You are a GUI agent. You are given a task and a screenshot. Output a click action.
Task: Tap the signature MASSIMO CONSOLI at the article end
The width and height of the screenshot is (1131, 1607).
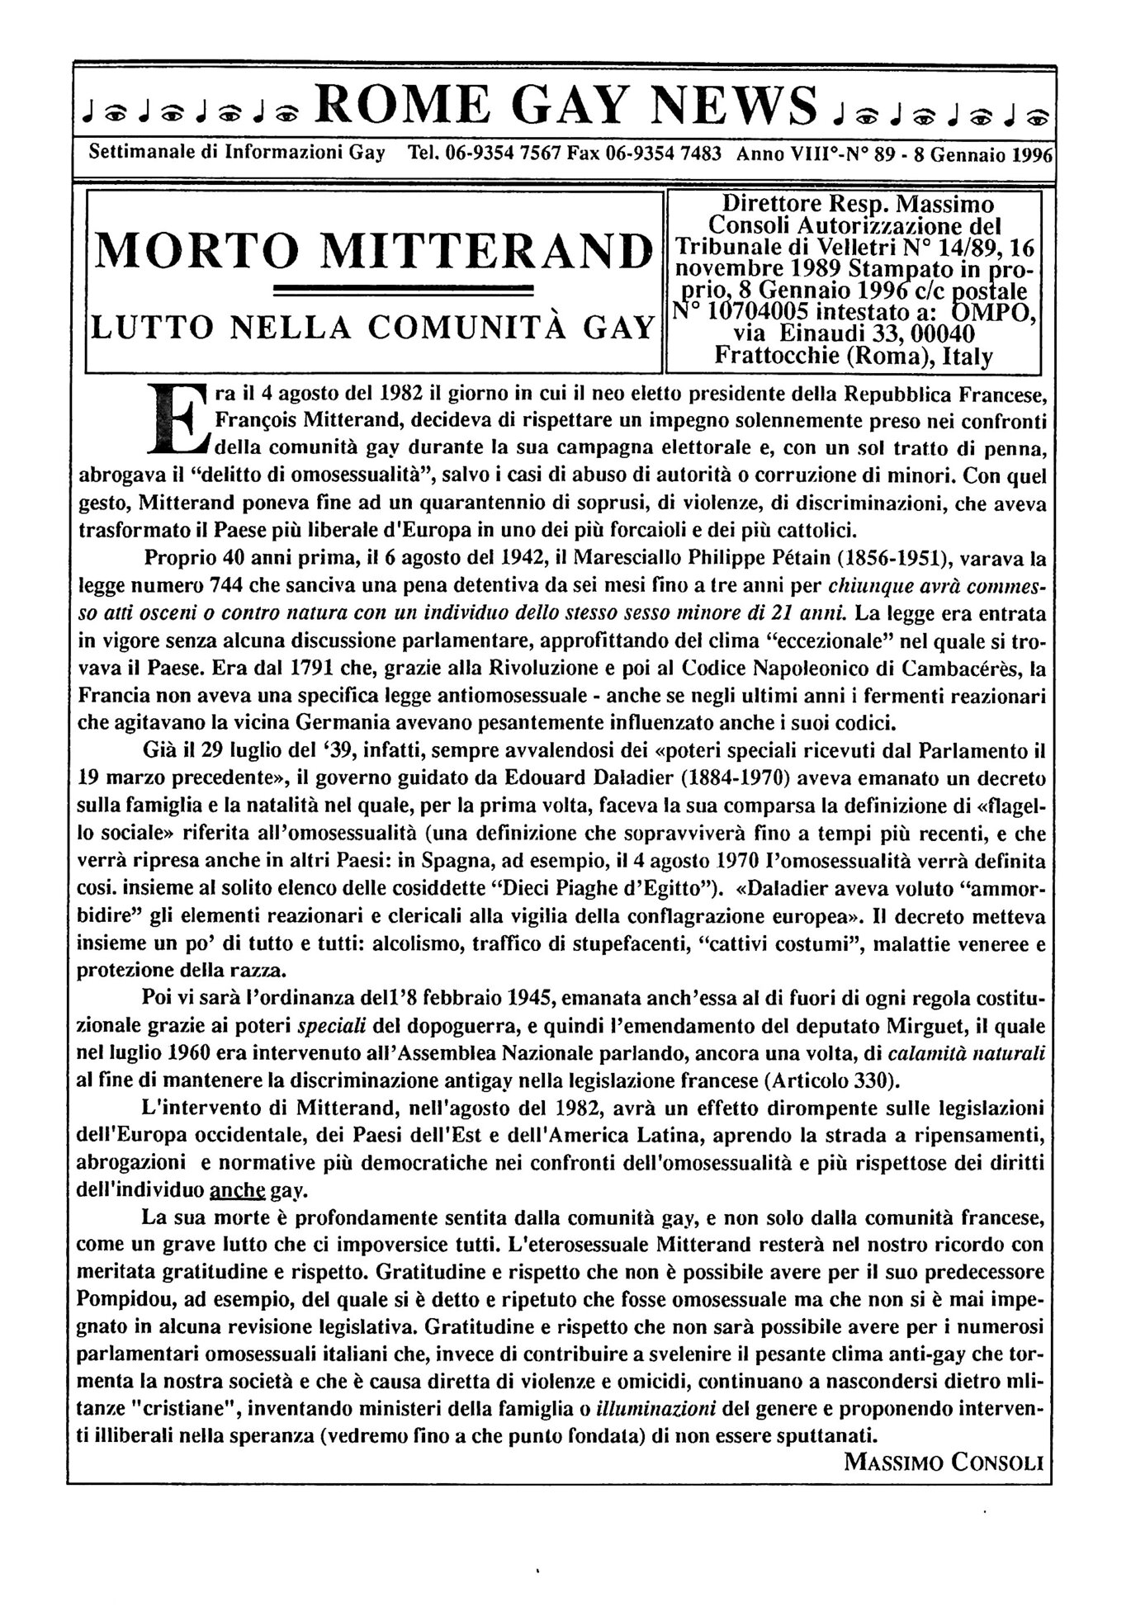(x=944, y=1463)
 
